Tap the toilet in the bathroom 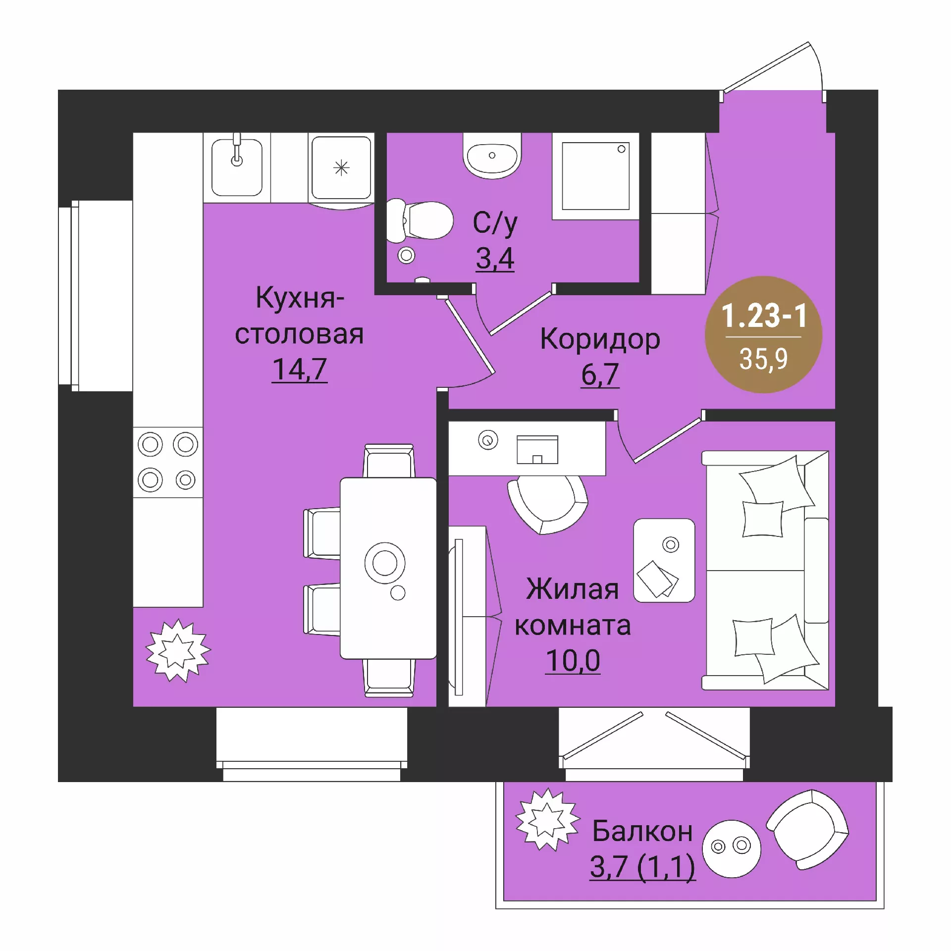click(420, 221)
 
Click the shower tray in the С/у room click(595, 176)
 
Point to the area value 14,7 click(300, 369)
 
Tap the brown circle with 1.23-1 click(763, 335)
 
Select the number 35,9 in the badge click(763, 359)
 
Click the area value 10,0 click(573, 660)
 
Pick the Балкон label click(642, 831)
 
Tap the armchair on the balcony click(807, 830)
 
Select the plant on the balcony click(547, 819)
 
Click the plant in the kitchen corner click(178, 650)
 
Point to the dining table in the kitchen click(388, 568)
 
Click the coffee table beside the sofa click(664, 560)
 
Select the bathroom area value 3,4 click(495, 258)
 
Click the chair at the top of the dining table click(389, 461)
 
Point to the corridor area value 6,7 click(600, 374)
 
